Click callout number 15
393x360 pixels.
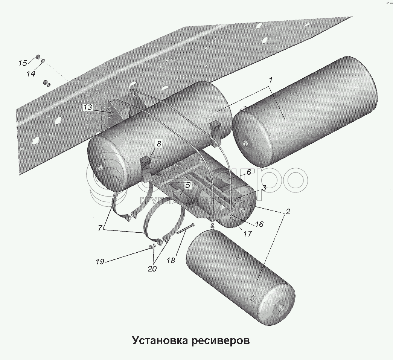[x=23, y=63]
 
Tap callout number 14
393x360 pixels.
[x=31, y=74]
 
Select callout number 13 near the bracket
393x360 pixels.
[x=88, y=108]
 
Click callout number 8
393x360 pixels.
[x=159, y=143]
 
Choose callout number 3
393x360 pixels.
[x=264, y=188]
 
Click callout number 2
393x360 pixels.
[x=288, y=212]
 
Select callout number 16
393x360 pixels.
[x=259, y=224]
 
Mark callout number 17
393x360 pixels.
[x=247, y=233]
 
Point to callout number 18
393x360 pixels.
[x=171, y=260]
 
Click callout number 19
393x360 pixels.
[x=100, y=261]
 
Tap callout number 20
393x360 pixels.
[x=152, y=268]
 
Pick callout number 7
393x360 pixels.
[x=100, y=228]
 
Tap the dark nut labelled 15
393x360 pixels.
[x=38, y=57]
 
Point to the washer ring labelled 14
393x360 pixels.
[x=43, y=60]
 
